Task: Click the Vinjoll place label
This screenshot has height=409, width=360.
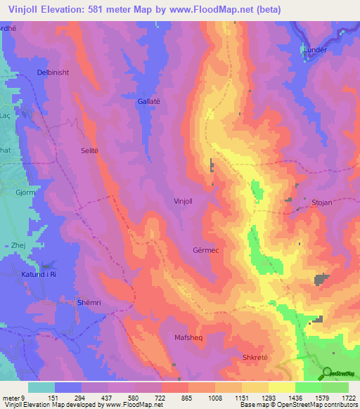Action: (185, 201)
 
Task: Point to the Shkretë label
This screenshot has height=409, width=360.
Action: (255, 357)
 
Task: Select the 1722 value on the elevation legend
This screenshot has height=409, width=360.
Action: (348, 397)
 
